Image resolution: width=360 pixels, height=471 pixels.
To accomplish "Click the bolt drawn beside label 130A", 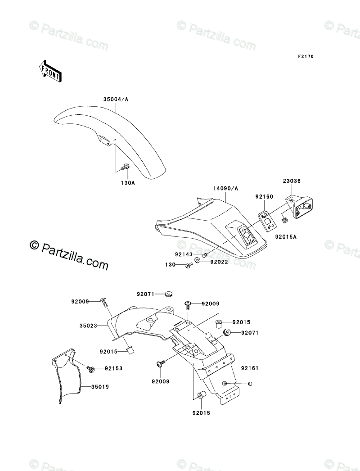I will click(x=125, y=168).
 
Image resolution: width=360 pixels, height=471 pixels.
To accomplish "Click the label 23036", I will click(x=292, y=181).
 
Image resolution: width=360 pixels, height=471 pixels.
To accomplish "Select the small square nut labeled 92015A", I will click(x=285, y=220).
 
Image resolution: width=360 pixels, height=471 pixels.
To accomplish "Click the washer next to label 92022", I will click(x=198, y=262).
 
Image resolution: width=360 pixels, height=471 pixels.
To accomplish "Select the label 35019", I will click(x=101, y=387).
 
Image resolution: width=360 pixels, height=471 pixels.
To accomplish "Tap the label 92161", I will click(x=249, y=368).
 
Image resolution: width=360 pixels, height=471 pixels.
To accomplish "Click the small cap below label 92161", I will click(x=250, y=384).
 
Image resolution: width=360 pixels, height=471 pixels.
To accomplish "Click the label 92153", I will click(x=113, y=368).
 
